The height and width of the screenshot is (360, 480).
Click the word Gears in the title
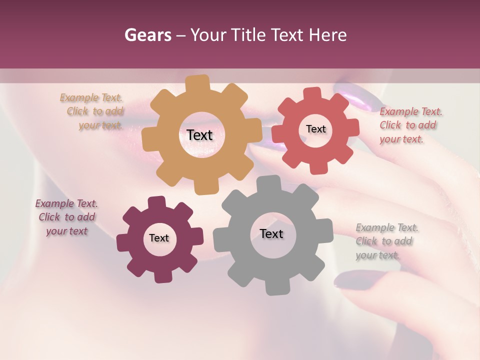147,35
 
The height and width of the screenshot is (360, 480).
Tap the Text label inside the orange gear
199,135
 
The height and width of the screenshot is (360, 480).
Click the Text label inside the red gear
315,129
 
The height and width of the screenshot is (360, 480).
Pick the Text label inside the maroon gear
159,238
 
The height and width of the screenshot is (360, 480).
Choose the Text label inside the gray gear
271,234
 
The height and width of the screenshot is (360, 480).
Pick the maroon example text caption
66,217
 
